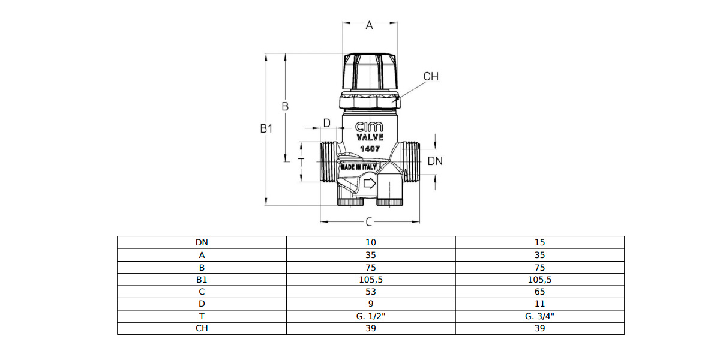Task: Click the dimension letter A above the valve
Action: pyautogui.click(x=370, y=25)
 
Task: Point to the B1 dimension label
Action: pyautogui.click(x=267, y=128)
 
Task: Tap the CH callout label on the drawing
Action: pyautogui.click(x=431, y=77)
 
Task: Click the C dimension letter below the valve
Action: pyautogui.click(x=369, y=223)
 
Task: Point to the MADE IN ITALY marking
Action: pyautogui.click(x=358, y=167)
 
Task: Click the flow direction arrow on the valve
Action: pyautogui.click(x=369, y=182)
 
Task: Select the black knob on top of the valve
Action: pyautogui.click(x=370, y=71)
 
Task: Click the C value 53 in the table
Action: pyautogui.click(x=370, y=292)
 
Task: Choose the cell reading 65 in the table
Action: pyautogui.click(x=539, y=292)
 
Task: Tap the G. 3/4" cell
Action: pyautogui.click(x=539, y=316)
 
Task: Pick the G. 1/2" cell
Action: pyautogui.click(x=370, y=316)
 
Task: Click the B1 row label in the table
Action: pyautogui.click(x=202, y=279)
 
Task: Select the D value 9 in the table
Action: pyautogui.click(x=370, y=304)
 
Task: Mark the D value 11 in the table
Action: pyautogui.click(x=539, y=304)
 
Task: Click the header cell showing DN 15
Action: pyautogui.click(x=539, y=242)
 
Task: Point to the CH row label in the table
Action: pyautogui.click(x=202, y=328)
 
